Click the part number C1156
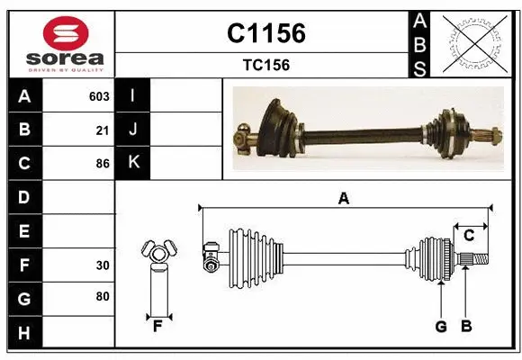pyautogui.click(x=265, y=33)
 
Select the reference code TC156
pyautogui.click(x=265, y=65)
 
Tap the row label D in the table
pyautogui.click(x=23, y=197)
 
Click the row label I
pyautogui.click(x=132, y=96)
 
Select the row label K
pyautogui.click(x=133, y=163)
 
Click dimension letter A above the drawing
pyautogui.click(x=343, y=199)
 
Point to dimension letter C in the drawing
pyautogui.click(x=469, y=236)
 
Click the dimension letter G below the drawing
pyautogui.click(x=441, y=327)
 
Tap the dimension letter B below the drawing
pyautogui.click(x=465, y=327)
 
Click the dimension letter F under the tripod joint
pyautogui.click(x=157, y=327)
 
